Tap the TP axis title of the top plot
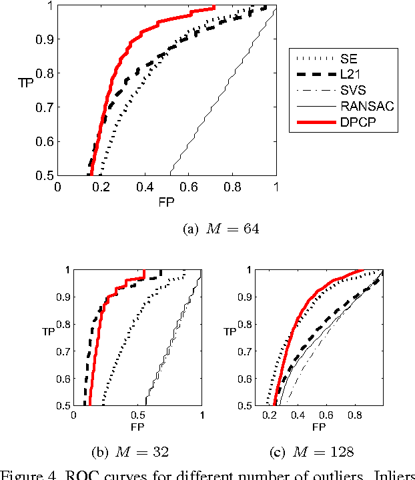26,83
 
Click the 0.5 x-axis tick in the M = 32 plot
137,414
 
